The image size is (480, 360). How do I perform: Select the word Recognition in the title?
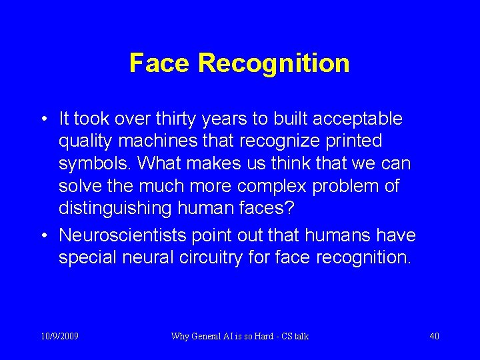coord(274,63)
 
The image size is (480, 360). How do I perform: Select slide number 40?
coord(434,336)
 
